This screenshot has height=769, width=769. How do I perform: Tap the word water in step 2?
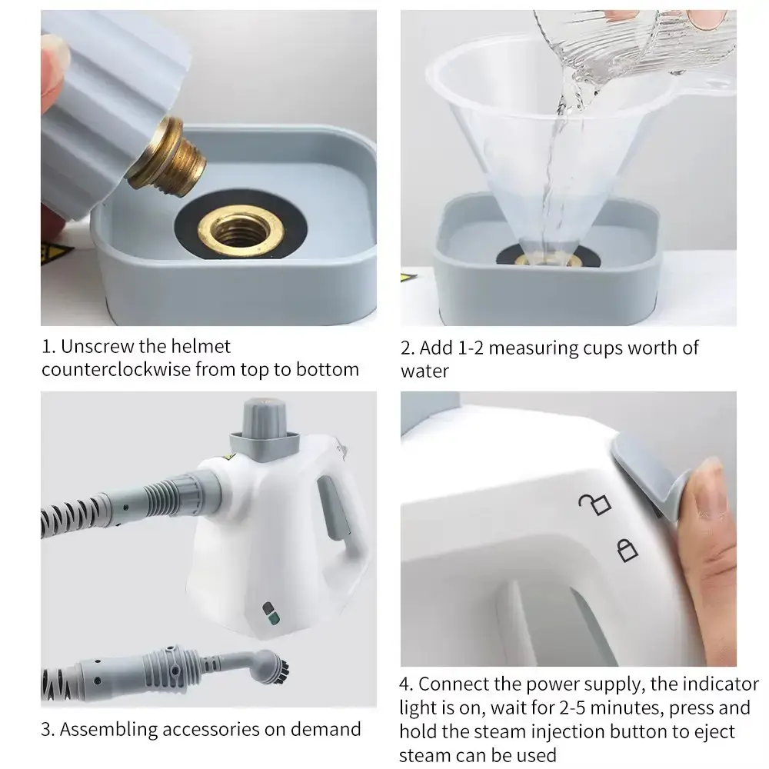(424, 371)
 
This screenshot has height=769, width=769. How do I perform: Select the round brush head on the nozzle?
(272, 666)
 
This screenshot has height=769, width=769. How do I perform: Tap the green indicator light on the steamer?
(274, 618)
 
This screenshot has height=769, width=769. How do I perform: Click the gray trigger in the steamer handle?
(333, 508)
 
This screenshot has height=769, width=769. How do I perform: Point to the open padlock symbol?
(595, 504)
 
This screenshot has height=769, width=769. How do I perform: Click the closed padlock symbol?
(627, 551)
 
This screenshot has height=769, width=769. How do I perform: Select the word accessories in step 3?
(211, 729)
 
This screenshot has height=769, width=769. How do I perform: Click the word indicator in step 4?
(704, 684)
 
